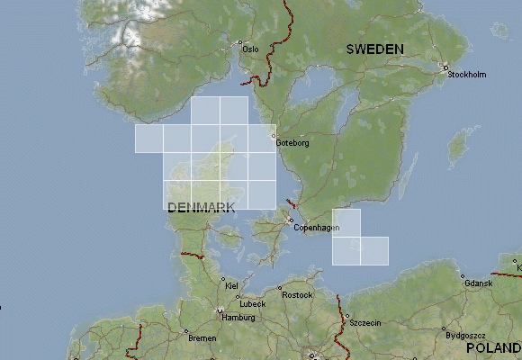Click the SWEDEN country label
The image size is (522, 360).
click(374, 49)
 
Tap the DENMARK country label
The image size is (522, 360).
click(201, 207)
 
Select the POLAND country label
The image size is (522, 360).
click(493, 347)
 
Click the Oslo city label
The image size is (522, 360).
click(252, 49)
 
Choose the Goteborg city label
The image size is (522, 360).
click(293, 143)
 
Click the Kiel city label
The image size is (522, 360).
click(231, 285)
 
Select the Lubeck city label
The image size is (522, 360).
click(253, 304)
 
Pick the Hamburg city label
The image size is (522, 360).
click(238, 318)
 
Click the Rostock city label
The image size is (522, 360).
click(296, 295)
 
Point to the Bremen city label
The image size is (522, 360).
click(202, 338)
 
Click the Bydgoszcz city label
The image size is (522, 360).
click(453, 335)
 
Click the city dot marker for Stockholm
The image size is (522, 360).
click(445, 67)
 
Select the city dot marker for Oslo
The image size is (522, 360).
click(240, 42)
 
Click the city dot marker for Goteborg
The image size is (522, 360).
click(274, 137)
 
